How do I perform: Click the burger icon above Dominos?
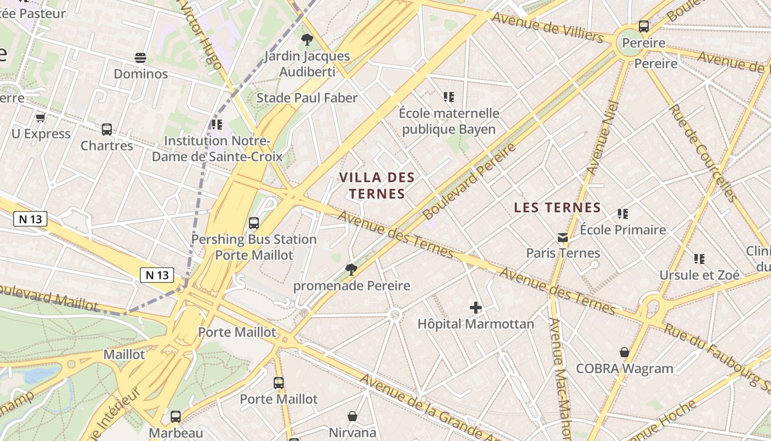point(140,58)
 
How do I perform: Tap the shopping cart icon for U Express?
point(40,118)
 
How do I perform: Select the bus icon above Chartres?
point(107,130)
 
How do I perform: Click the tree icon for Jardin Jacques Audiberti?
point(307,40)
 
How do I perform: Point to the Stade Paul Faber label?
point(307,98)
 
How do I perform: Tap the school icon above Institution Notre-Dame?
point(217,125)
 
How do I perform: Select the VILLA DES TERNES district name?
point(377,186)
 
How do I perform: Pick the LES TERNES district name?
point(557,208)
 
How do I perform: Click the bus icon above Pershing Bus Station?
point(254,223)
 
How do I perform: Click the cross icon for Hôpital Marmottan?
point(476,308)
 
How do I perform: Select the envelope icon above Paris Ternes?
point(563,238)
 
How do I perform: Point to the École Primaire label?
point(623,230)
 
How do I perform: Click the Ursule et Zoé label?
point(699,275)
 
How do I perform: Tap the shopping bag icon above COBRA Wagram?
point(625,352)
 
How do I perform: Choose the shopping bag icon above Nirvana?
point(352,416)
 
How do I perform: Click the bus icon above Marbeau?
point(176,417)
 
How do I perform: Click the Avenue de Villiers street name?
point(547,27)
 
